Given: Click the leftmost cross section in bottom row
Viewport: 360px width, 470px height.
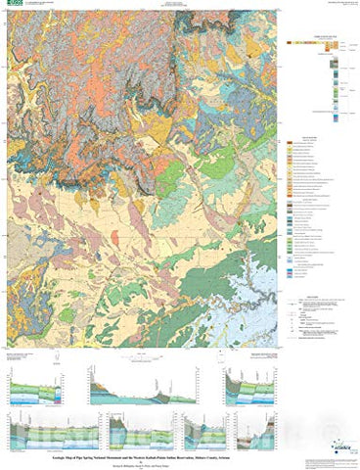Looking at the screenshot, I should [38, 430].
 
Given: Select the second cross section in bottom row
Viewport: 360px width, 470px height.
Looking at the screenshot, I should [121, 430].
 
